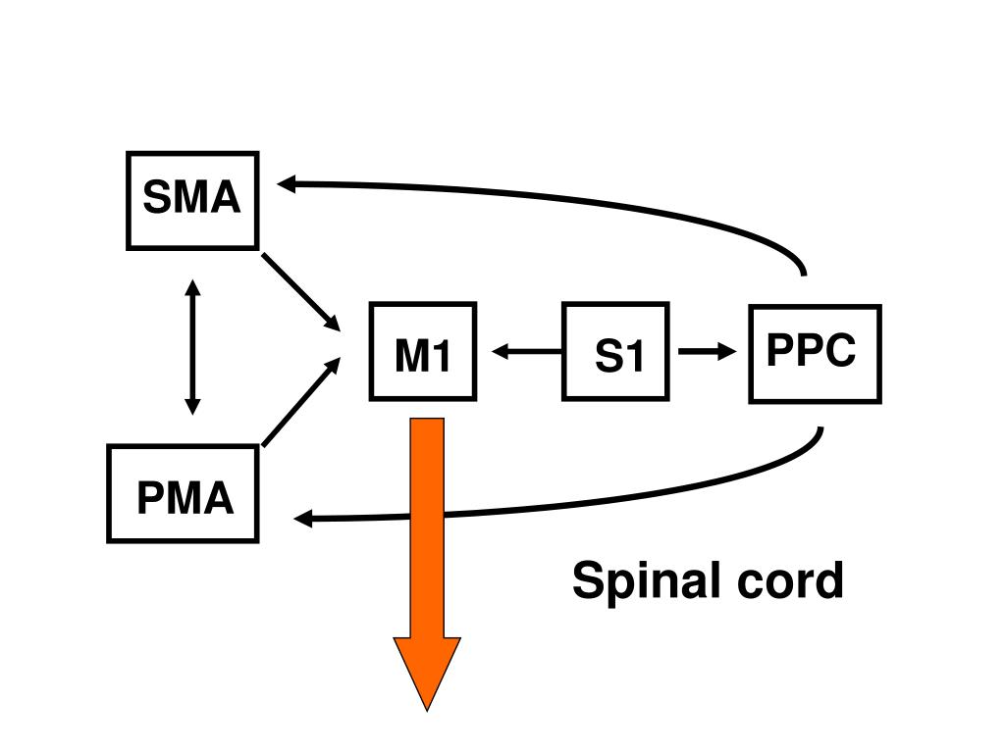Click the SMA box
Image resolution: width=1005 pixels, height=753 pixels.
192,200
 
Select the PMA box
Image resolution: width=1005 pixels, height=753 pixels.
183,494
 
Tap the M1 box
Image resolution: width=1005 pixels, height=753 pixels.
423,352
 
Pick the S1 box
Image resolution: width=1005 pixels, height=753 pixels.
616,352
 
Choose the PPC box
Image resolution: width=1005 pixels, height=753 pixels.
816,354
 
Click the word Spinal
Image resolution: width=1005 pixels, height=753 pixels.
648,581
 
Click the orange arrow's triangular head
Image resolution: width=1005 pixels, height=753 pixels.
427,666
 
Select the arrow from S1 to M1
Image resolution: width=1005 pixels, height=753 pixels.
527,351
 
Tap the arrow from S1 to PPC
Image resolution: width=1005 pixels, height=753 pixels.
708,351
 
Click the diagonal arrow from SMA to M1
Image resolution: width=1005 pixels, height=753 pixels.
300,292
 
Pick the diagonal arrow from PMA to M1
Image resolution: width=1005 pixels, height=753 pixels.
300,401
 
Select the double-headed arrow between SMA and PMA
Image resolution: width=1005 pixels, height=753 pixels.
192,347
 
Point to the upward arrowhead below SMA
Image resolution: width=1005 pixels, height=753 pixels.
192,287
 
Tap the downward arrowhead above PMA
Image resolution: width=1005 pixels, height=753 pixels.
192,407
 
